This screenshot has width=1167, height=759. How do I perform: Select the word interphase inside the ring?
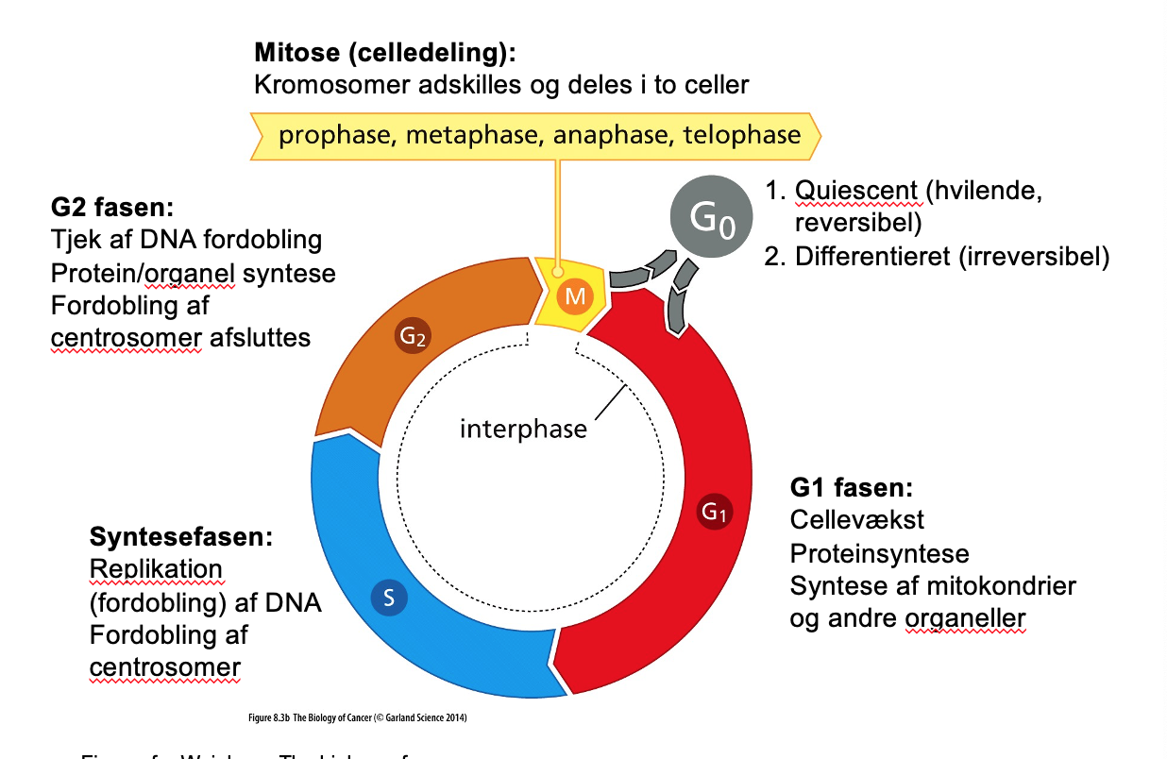tap(523, 430)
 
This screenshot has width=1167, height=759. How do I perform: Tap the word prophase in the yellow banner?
tap(336, 135)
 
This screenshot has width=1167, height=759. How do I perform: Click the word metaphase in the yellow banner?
tap(471, 135)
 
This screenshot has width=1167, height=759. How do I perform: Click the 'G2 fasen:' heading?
tap(113, 207)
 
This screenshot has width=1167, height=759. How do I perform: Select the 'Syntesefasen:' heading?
tap(181, 537)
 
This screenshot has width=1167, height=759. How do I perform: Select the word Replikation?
tap(156, 569)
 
